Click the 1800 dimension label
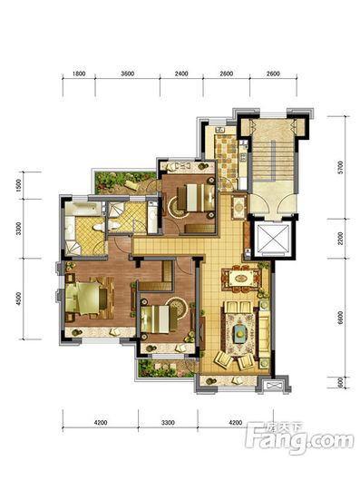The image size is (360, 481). (x=79, y=74)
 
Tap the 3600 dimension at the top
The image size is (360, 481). (x=128, y=74)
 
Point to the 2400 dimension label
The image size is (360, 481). (x=181, y=74)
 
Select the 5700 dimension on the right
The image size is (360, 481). (x=341, y=167)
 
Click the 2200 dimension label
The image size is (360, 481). (x=341, y=239)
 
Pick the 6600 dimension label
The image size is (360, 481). (x=341, y=318)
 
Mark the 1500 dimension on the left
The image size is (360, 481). (x=18, y=185)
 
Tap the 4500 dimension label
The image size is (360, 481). (x=18, y=299)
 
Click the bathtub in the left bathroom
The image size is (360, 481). (x=83, y=209)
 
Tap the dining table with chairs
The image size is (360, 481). (x=242, y=279)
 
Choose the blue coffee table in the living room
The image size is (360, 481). (x=241, y=333)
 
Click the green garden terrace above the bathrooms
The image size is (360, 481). (x=125, y=182)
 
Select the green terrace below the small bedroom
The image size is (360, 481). (x=165, y=368)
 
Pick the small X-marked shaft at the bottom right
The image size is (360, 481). (x=273, y=386)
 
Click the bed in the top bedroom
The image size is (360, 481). (x=196, y=197)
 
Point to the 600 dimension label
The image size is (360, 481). (x=341, y=383)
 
